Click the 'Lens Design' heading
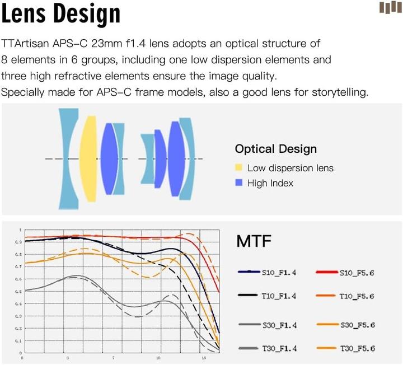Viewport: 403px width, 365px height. (x=60, y=16)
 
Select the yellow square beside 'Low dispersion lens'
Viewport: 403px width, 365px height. (x=239, y=168)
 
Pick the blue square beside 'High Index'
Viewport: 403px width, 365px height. (x=239, y=183)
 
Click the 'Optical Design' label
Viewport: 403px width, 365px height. (x=275, y=149)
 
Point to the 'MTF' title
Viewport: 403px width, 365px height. (x=254, y=242)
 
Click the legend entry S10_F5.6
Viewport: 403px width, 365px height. (x=357, y=273)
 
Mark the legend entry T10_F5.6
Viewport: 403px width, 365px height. (x=357, y=296)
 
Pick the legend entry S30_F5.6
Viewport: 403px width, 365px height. (x=357, y=325)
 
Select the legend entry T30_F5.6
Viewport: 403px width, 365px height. (x=357, y=349)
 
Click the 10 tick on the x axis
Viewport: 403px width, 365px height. (x=158, y=357)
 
